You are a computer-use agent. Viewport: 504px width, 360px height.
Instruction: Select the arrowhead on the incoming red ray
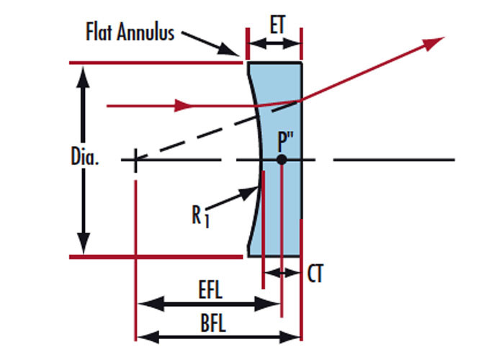coord(186,106)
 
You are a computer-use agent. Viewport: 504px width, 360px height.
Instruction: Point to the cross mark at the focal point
coord(135,159)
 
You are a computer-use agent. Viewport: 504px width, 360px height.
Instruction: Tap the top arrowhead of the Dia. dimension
coord(85,74)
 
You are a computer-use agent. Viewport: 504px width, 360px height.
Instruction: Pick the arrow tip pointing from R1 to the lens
coord(256,189)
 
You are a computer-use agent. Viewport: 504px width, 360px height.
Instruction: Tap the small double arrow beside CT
coord(282,273)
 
